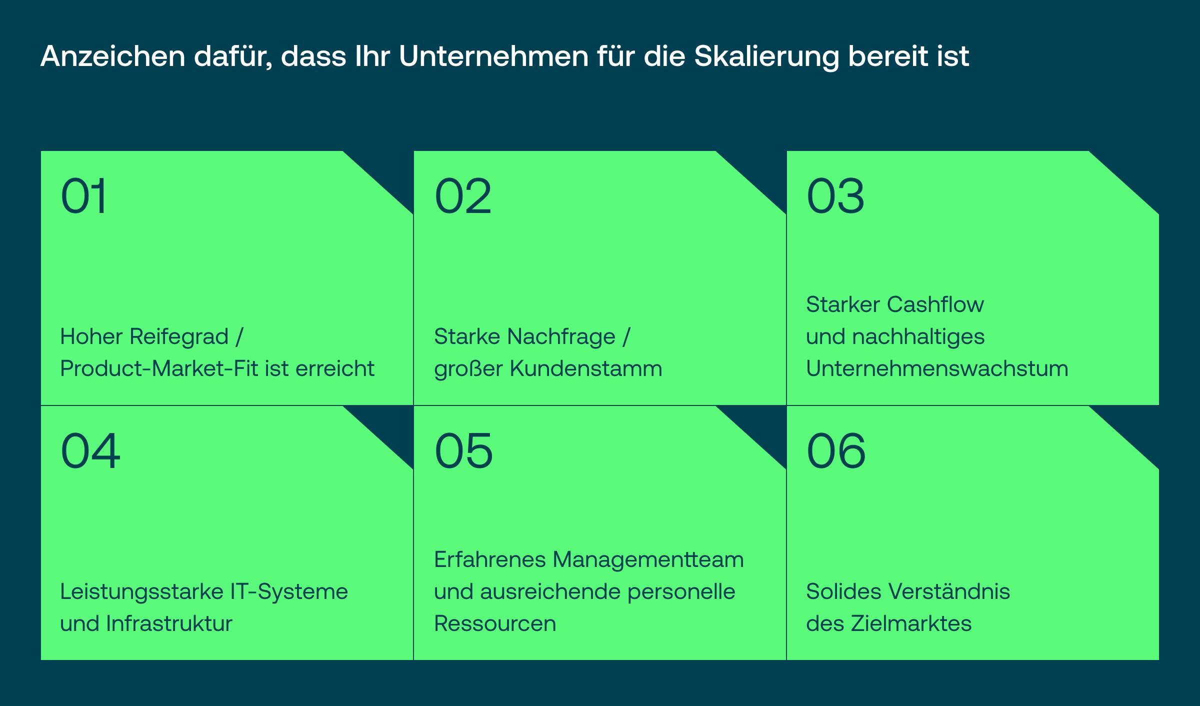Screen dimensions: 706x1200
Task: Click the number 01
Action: [83, 196]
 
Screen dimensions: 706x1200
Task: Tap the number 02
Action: [463, 196]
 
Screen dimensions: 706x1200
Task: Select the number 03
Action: [835, 196]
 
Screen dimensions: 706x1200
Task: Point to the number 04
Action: [90, 451]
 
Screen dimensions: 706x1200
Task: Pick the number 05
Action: [463, 451]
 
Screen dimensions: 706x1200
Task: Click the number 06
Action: [836, 451]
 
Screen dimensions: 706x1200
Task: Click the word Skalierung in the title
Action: [766, 57]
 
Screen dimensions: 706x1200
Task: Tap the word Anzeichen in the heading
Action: [113, 56]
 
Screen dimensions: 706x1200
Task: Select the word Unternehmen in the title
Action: [494, 56]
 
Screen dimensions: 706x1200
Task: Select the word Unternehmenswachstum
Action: [937, 369]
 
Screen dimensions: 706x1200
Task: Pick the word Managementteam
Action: [648, 560]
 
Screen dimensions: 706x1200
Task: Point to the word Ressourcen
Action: [495, 624]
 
